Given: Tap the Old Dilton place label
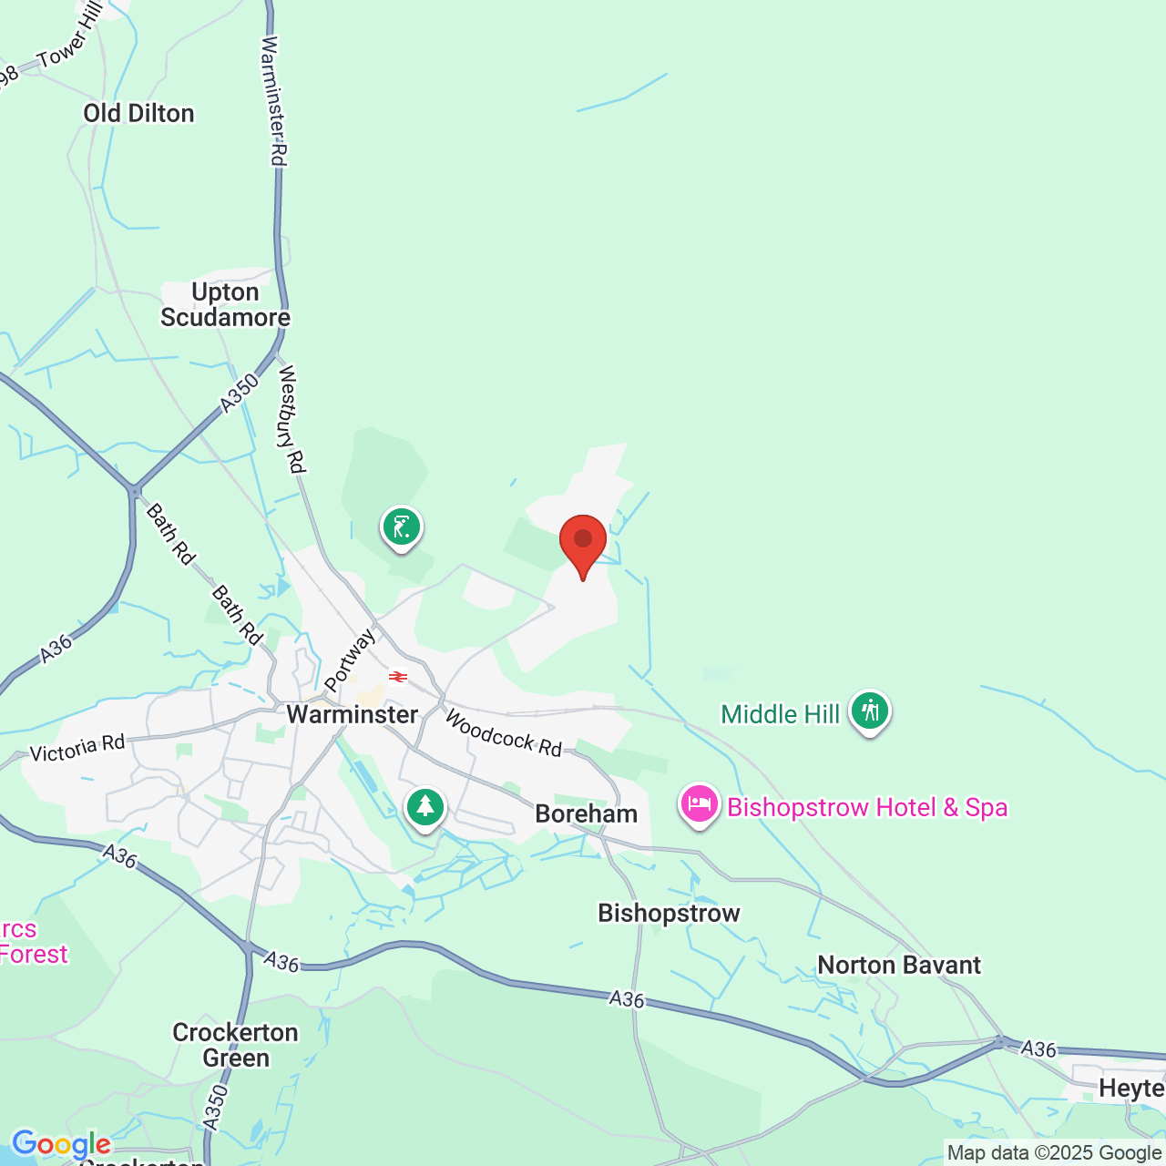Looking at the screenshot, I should click(138, 114).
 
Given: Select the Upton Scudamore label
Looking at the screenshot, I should click(225, 305).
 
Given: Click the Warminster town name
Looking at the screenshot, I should click(353, 714).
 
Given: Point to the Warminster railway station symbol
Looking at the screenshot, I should click(398, 677).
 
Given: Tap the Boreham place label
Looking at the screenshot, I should click(586, 813).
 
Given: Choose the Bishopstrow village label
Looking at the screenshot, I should click(669, 913).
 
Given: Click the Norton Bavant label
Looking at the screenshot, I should click(899, 965).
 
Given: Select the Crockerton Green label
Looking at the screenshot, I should click(236, 1045).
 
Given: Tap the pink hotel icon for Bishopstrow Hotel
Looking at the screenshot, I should click(700, 805).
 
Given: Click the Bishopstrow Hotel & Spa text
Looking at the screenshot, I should click(867, 807).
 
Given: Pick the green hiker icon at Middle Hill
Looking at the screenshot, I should click(870, 711).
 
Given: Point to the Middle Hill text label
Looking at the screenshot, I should click(780, 714).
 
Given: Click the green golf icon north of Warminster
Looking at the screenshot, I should click(402, 527).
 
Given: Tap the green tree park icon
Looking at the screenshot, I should click(425, 807).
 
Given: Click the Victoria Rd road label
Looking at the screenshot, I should click(77, 749).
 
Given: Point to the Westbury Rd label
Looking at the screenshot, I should click(291, 419).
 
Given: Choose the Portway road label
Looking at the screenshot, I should click(349, 660).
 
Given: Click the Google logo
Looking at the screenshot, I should click(61, 1144).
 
